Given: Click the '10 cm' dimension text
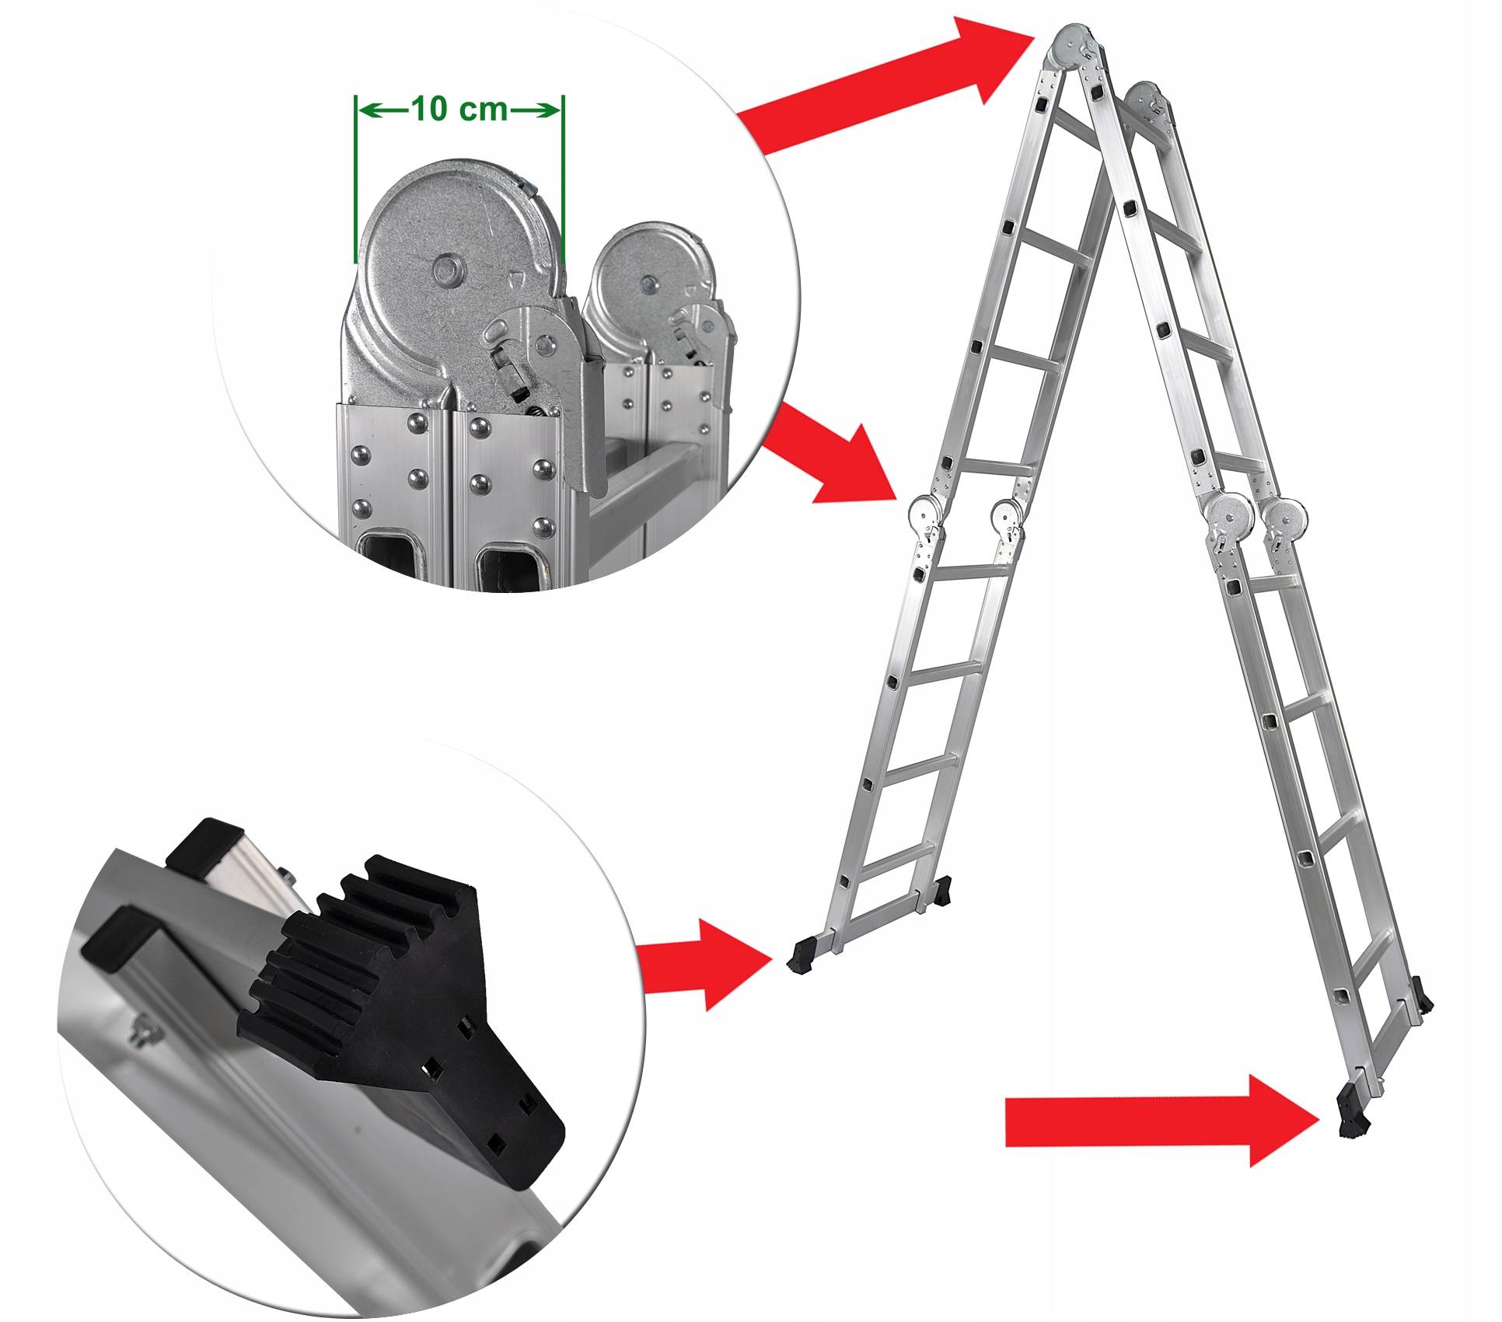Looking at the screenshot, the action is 459,109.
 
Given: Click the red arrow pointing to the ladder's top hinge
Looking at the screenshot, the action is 886,85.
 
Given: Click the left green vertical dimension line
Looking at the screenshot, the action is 355,180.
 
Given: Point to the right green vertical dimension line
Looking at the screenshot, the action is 563,180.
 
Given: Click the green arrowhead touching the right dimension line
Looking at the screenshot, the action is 547,110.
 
